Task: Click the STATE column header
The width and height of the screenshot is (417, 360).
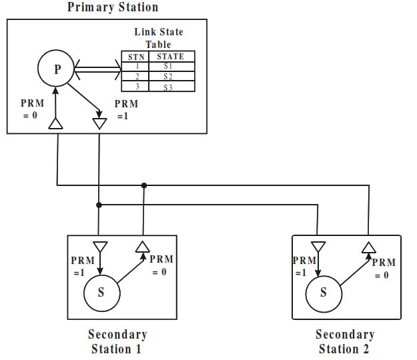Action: pyautogui.click(x=171, y=57)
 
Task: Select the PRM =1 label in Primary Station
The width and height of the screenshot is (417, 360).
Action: pyautogui.click(x=125, y=109)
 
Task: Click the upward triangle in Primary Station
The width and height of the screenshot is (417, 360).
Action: pyautogui.click(x=56, y=123)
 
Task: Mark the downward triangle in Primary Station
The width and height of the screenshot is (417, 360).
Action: pyautogui.click(x=99, y=123)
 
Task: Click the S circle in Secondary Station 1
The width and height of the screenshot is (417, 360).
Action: pyautogui.click(x=101, y=291)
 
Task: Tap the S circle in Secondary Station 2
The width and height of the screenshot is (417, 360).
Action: pyautogui.click(x=323, y=292)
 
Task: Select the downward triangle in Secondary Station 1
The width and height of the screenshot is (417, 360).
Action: pyautogui.click(x=100, y=247)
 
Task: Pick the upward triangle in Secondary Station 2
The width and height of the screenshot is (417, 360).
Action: pyautogui.click(x=368, y=247)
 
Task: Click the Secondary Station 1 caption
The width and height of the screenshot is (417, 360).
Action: pyautogui.click(x=117, y=341)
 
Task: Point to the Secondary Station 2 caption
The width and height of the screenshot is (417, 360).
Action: pyautogui.click(x=344, y=341)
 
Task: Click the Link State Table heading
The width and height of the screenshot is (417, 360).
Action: pyautogui.click(x=158, y=38)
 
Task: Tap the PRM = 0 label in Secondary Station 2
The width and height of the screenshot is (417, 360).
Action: pyautogui.click(x=384, y=269)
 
